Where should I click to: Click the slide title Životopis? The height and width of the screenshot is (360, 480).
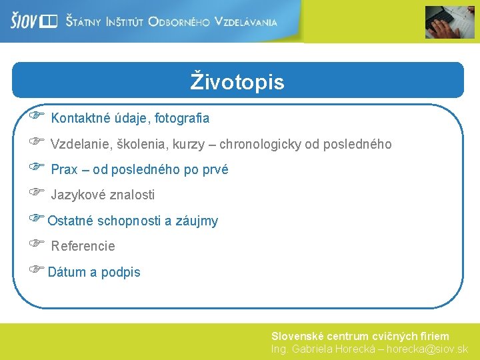pos(237,82)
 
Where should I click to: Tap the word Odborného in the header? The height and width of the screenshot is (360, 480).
pos(179,22)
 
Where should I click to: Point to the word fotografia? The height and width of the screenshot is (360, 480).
pos(182,119)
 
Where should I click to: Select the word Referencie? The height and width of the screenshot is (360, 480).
pos(83,246)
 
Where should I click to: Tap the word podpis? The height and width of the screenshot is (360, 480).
pos(121,273)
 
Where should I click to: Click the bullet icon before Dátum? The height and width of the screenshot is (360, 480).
pos(36,269)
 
